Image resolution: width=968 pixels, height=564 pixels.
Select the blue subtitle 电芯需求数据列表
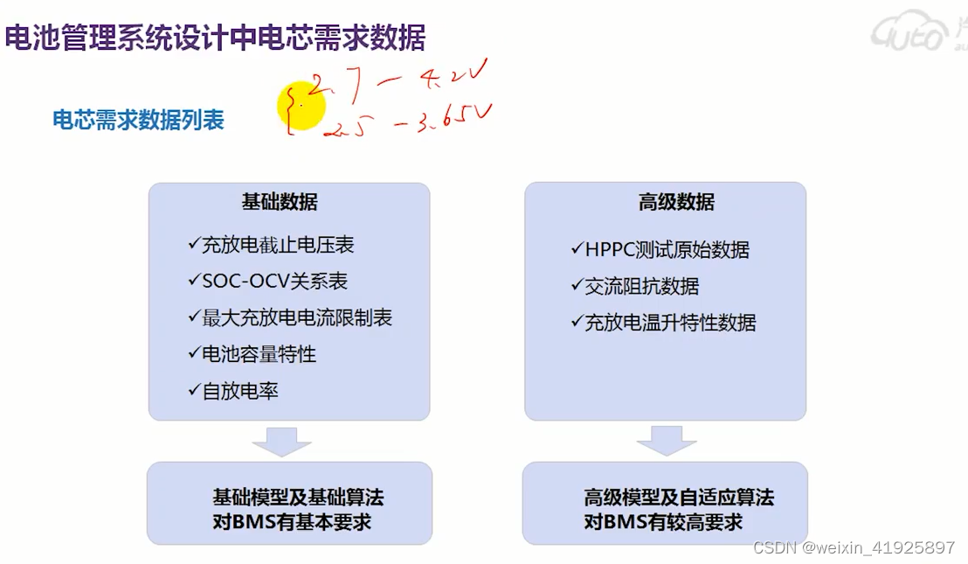coord(138,120)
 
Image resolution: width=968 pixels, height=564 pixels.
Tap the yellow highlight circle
coord(301,107)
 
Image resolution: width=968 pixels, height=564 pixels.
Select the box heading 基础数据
coord(280,203)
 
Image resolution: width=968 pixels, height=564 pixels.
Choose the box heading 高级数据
coord(676,203)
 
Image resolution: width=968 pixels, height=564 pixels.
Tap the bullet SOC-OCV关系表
coord(267,282)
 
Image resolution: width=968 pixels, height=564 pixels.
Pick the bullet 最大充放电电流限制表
coord(290,317)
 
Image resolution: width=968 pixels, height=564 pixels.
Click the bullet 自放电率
coord(233,391)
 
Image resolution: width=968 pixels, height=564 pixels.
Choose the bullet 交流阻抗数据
coord(635,286)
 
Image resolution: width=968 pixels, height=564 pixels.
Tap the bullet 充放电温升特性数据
coord(664,323)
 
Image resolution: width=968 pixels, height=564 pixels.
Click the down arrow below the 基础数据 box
coord(282,442)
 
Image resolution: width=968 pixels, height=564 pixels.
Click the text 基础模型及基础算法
coord(298,498)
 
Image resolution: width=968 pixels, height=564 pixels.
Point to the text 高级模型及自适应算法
coord(678,498)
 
